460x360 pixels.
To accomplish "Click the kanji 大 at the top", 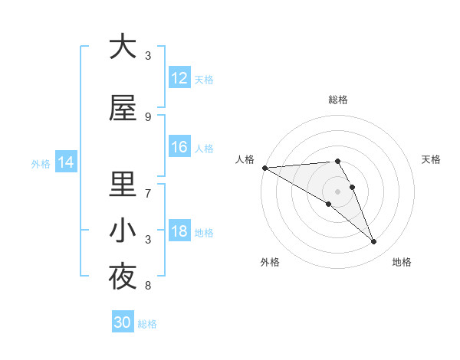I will click(123, 47).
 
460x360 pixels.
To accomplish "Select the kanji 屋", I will click(123, 110).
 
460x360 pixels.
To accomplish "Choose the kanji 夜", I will click(123, 277).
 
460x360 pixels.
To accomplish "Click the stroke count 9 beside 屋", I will click(148, 117).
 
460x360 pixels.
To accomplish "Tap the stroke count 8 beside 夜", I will click(148, 286).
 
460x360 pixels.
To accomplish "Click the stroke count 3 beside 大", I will click(148, 56).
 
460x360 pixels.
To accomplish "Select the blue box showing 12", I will click(179, 77).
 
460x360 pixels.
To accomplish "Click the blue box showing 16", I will click(179, 147).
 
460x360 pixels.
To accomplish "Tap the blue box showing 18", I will click(179, 231).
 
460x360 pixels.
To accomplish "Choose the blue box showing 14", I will click(65, 162).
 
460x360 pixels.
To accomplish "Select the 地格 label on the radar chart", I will click(402, 262).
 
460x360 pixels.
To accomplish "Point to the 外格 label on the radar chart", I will click(270, 262).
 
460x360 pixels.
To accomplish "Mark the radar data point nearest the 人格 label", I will click(264, 168).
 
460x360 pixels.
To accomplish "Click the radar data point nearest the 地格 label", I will click(374, 242).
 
